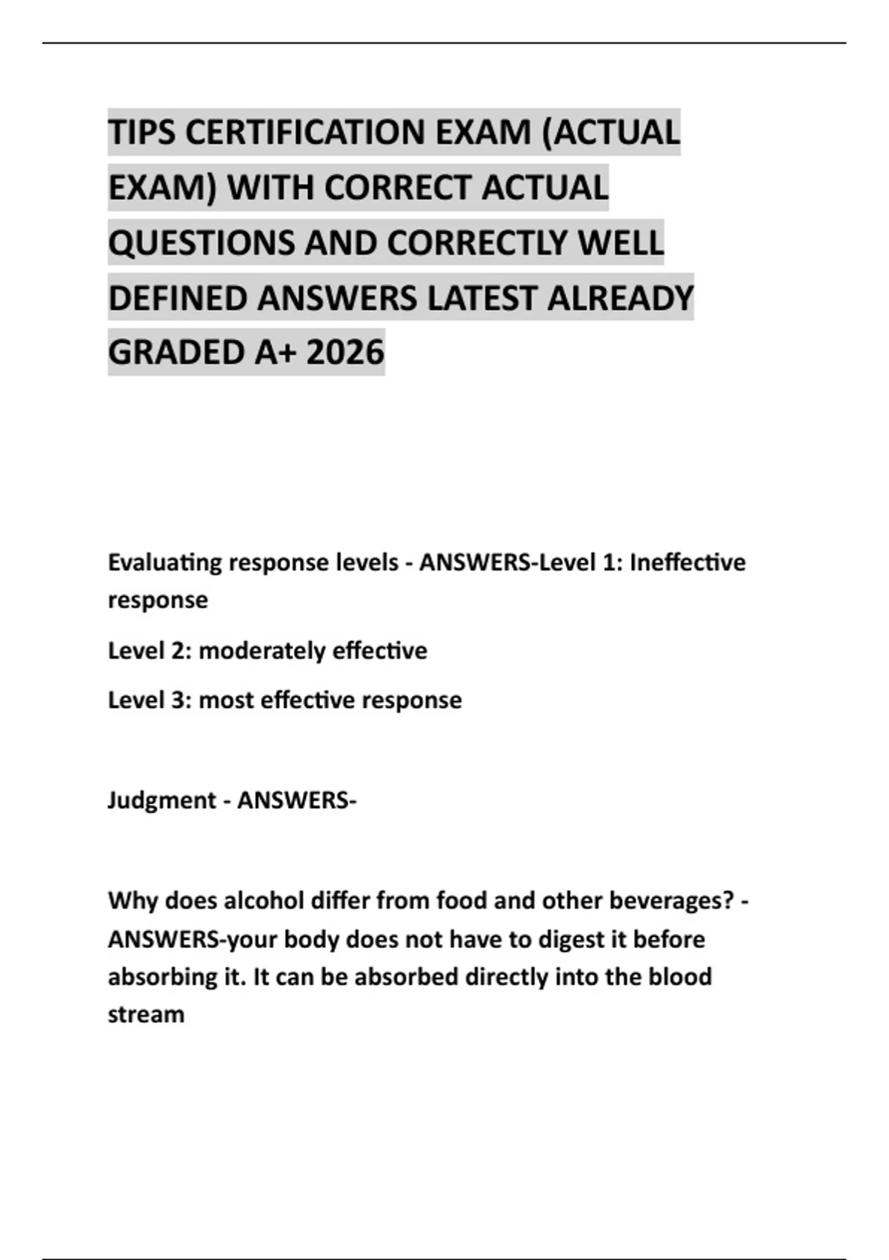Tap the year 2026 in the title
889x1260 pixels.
pos(345,352)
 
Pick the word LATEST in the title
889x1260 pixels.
pos(483,298)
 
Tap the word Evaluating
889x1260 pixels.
pos(164,563)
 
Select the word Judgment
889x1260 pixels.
pos(162,800)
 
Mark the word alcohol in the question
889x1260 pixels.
pos(264,901)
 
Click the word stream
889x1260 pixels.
pos(146,1014)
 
